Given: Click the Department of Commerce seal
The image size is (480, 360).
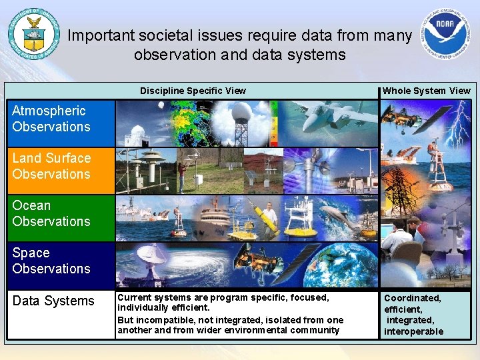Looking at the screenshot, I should pos(33,34).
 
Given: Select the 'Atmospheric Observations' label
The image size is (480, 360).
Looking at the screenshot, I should pos(51,119).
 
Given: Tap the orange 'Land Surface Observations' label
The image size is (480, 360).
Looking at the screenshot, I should pos(51,166).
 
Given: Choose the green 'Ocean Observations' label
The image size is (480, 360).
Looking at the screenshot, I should pos(51,213).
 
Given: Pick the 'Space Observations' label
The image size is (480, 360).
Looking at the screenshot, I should pos(51,261).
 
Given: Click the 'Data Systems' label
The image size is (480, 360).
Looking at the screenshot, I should pos(53,301).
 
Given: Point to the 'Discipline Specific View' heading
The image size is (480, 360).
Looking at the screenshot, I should pos(193,91).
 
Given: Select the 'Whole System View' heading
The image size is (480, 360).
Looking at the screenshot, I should pos(427,91).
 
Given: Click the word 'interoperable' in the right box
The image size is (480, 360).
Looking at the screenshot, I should pos(413,331).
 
